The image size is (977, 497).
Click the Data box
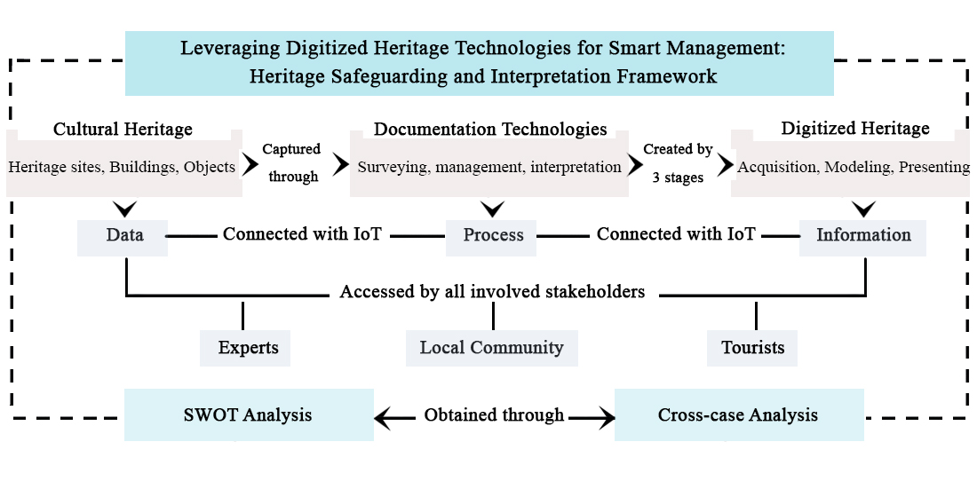(123, 235)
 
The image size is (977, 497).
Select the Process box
(492, 235)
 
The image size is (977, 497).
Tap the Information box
(863, 235)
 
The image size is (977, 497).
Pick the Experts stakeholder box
(246, 347)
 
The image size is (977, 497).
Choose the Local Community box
(491, 347)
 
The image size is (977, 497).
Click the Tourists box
(752, 347)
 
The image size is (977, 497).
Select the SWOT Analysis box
(249, 414)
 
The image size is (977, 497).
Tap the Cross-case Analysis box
(738, 414)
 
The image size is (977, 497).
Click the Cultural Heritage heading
(123, 130)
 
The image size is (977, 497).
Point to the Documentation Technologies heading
(490, 130)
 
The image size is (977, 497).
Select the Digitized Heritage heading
(855, 130)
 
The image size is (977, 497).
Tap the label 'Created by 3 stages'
(678, 163)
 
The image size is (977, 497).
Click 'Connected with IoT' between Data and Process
(302, 234)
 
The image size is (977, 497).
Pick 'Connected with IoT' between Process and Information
(676, 234)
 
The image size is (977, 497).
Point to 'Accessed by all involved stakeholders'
(492, 291)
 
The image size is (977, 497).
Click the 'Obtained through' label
(494, 414)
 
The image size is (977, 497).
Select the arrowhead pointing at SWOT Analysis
(383, 415)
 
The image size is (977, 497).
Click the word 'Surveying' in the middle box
(390, 167)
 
